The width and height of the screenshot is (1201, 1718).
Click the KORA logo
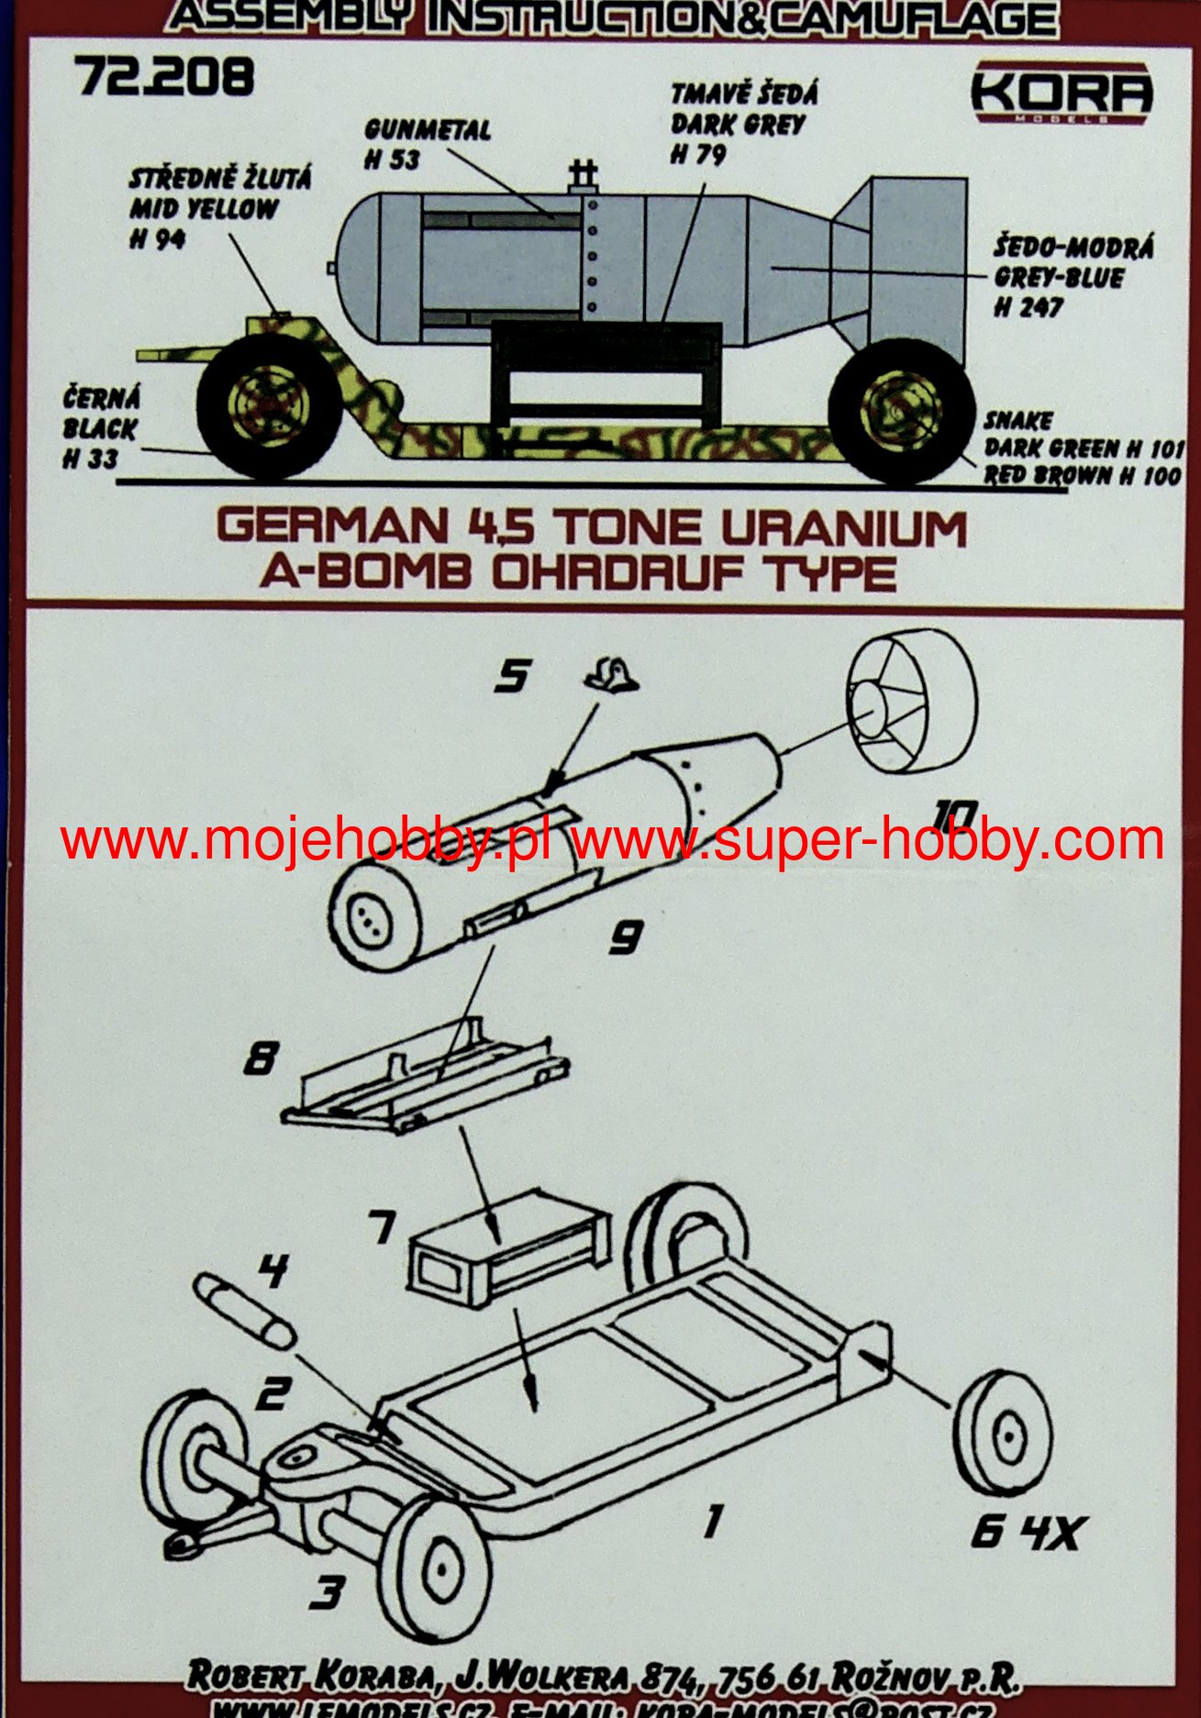point(1061,92)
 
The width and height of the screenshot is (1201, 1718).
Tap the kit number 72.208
point(165,77)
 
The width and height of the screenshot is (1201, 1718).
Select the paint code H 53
point(392,160)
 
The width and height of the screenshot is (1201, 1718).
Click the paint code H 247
point(1028,307)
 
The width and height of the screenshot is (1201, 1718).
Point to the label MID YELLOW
point(203,208)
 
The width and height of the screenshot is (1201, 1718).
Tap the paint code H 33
point(90,459)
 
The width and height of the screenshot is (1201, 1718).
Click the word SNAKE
point(1018,421)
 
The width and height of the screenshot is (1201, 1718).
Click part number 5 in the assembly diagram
point(512,677)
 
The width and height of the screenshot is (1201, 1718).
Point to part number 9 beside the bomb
point(626,937)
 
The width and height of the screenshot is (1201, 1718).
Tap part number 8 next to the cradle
point(261,1059)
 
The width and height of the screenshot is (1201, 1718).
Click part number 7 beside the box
point(382,1226)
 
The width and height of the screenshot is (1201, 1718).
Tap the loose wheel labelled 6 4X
point(1003,1432)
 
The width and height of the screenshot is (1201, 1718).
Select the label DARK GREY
point(737,125)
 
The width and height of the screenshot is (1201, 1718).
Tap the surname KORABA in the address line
point(374,1673)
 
